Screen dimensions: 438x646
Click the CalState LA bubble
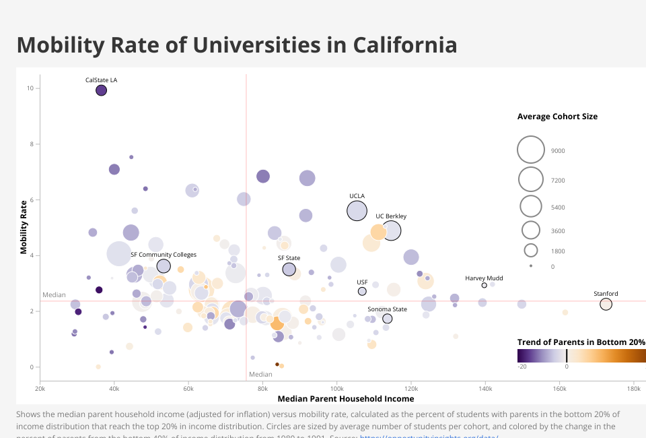point(101,90)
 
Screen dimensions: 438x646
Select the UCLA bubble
point(357,211)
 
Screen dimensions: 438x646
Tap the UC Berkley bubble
point(391,230)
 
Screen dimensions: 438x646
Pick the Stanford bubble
point(606,304)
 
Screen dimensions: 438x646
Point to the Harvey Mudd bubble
point(484,285)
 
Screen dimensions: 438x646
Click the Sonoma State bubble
point(387,319)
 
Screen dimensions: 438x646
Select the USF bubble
point(362,291)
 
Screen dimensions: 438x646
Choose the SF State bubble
point(289,270)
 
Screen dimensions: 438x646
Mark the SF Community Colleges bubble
point(164,266)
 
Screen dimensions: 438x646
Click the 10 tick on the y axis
point(30,88)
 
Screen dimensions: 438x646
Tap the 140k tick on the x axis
point(485,389)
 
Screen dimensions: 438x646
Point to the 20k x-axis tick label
point(40,389)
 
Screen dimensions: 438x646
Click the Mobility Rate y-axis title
point(24,226)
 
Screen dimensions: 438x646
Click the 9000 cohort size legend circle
point(530,150)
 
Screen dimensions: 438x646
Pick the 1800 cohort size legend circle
point(530,251)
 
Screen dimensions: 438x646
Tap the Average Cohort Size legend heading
point(557,117)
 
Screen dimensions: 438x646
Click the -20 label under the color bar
point(522,367)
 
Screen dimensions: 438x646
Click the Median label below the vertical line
point(260,374)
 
